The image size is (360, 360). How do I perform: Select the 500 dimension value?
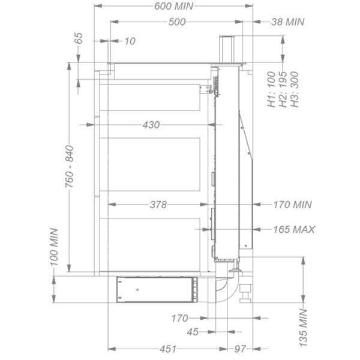176,22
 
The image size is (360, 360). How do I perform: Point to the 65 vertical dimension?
79,39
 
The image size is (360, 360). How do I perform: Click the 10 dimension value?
130,41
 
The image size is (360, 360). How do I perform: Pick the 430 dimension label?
151,125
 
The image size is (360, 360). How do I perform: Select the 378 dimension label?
157,205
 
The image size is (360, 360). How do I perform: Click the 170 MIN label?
292,205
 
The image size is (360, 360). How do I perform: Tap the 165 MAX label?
293,229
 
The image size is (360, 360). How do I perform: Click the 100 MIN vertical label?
54,247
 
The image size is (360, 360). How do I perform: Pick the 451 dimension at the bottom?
168,349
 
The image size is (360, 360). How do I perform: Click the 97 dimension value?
241,349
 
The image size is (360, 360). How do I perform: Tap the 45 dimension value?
193,332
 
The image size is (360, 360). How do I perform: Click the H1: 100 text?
271,90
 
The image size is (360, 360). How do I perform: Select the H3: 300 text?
294,90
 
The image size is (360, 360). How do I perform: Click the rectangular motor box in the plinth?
155,289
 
